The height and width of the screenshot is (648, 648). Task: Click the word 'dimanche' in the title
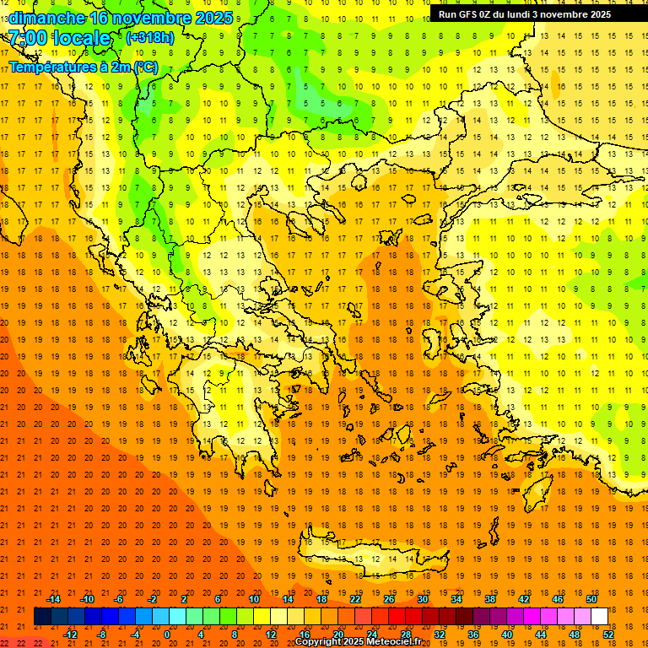pyautogui.click(x=46, y=17)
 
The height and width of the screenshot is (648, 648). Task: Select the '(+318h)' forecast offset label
pyautogui.click(x=150, y=37)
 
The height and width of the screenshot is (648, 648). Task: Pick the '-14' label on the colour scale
pyautogui.click(x=53, y=599)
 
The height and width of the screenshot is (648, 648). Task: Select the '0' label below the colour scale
pyautogui.click(x=166, y=634)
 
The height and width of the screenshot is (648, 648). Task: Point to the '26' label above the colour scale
pyautogui.click(x=389, y=599)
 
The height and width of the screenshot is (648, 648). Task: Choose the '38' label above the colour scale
pyautogui.click(x=490, y=599)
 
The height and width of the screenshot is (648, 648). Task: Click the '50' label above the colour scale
pyautogui.click(x=591, y=599)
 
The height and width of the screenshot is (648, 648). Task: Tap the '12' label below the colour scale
pyautogui.click(x=271, y=634)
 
